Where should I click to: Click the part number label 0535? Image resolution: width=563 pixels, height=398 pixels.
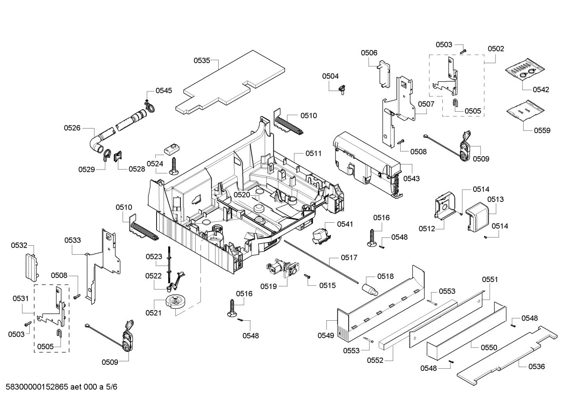click(201, 61)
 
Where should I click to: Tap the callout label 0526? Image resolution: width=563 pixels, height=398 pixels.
click(72, 128)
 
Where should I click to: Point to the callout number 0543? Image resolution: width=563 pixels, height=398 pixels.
click(412, 178)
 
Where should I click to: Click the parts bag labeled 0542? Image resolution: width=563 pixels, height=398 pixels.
click(523, 68)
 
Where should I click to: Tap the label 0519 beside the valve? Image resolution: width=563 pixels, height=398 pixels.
click(269, 286)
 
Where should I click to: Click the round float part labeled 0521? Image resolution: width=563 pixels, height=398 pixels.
click(175, 302)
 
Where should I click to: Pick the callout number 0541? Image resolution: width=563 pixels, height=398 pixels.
click(345, 224)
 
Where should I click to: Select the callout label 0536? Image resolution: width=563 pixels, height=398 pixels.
click(536, 366)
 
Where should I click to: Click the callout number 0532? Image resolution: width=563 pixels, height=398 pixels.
click(19, 245)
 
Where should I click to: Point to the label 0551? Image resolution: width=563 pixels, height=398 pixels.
click(490, 279)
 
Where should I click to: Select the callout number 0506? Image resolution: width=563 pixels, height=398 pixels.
click(369, 53)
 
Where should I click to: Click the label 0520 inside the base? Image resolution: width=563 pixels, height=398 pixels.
click(242, 195)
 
